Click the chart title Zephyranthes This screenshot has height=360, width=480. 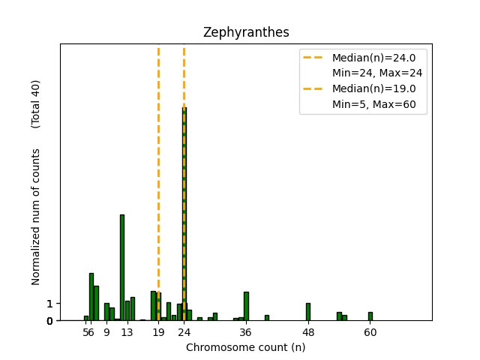pos(246,33)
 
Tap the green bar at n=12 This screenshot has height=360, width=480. pos(122,267)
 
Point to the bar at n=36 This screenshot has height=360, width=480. pos(246,306)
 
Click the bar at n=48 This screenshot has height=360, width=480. pos(308,311)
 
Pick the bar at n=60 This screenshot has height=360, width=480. pos(370,316)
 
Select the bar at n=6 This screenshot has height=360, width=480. pos(91,296)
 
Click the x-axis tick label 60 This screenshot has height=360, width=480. pos(370,331)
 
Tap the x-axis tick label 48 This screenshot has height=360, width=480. pos(308,331)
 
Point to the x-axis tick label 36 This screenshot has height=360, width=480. pos(246,331)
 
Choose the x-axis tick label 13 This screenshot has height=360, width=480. pos(127,331)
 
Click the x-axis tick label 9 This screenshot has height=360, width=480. pos(106,331)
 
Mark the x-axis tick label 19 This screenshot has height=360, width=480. pos(158,331)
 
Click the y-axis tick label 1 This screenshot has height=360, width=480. pos(49,304)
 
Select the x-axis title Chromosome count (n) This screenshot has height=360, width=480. pos(246,347)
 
